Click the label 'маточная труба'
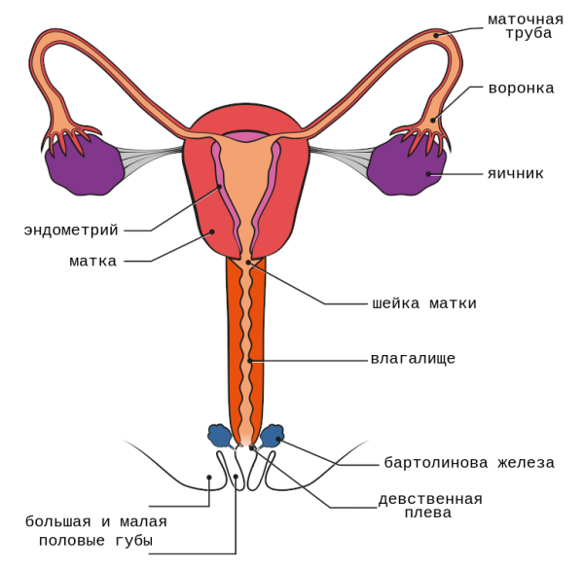526,25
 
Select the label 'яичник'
515,174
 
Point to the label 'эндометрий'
71,231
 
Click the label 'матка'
93,261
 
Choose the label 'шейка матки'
424,303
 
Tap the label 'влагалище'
413,359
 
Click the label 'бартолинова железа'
469,463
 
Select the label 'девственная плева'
430,506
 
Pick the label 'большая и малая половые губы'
96,531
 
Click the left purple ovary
85,163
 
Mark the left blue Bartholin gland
220,436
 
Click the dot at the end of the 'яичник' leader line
428,174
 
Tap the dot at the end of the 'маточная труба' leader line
437,36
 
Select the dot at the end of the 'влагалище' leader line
250,361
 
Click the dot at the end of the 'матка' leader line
212,232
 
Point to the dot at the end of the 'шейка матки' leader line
249,263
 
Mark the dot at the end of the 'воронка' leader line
434,121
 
